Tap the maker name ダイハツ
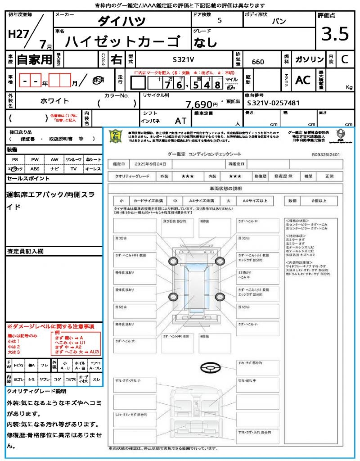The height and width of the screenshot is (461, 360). click(121, 21)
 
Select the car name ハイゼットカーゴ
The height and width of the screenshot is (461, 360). click(121, 41)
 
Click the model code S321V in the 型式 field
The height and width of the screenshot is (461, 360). click(184, 59)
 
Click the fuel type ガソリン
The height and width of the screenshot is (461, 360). click(309, 59)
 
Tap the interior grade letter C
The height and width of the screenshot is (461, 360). click(344, 59)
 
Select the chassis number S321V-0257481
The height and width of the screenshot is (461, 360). click(274, 103)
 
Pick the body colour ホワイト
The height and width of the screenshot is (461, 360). click(56, 101)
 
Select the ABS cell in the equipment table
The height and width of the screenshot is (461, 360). click(35, 168)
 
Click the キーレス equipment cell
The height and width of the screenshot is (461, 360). click(93, 168)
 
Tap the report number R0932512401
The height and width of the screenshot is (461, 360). click(325, 154)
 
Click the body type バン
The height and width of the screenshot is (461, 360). click(279, 21)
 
